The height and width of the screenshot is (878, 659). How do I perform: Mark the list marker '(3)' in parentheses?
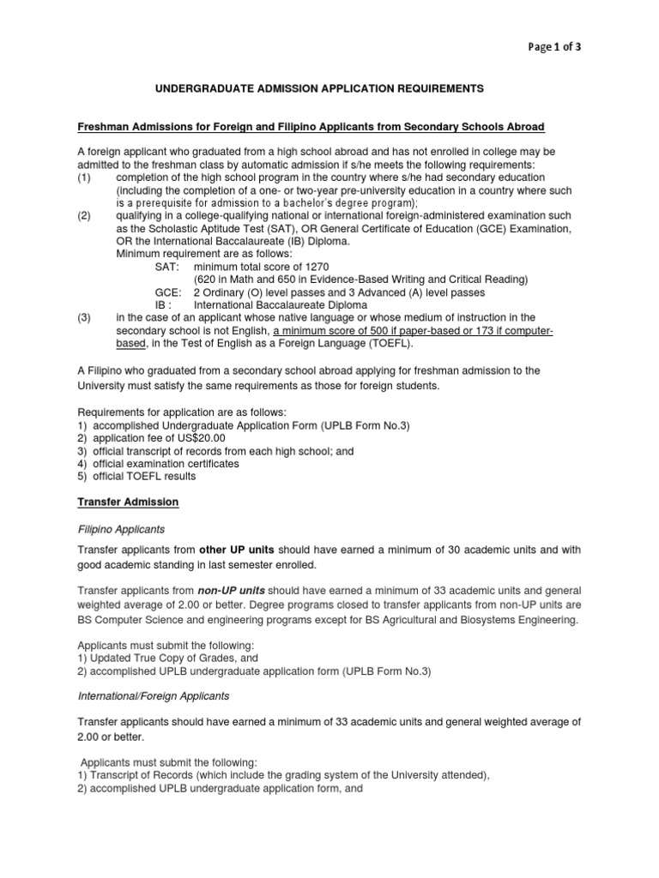coord(84,317)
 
